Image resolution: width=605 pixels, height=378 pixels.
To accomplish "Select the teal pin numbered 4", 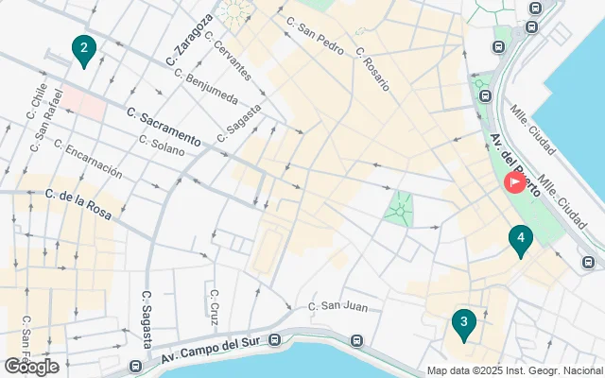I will tap(519, 240).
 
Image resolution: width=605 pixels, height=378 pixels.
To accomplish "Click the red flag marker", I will tap(515, 181).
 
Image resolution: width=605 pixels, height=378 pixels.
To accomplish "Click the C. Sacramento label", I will tap(163, 126).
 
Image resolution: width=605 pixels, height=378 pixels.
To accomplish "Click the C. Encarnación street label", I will tap(89, 159).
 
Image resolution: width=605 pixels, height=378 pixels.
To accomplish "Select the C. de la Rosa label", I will tap(78, 203).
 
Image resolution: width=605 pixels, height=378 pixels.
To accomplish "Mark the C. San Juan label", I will tap(338, 305).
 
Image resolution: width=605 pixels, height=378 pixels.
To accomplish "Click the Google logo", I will tap(31, 366).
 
